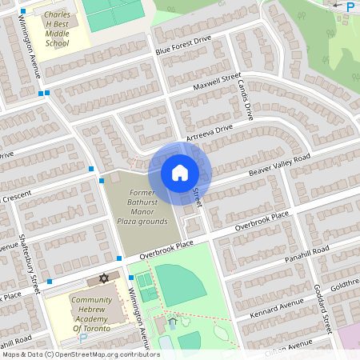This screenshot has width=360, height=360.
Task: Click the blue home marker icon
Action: point(180,172)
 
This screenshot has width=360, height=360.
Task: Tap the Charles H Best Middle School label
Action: point(57,30)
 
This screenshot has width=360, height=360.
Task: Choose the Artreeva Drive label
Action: point(209,133)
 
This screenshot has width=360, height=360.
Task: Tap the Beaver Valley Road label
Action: point(279,166)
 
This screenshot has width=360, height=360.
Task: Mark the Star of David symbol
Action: point(102,278)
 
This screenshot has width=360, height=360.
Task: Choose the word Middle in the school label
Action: point(57,34)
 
